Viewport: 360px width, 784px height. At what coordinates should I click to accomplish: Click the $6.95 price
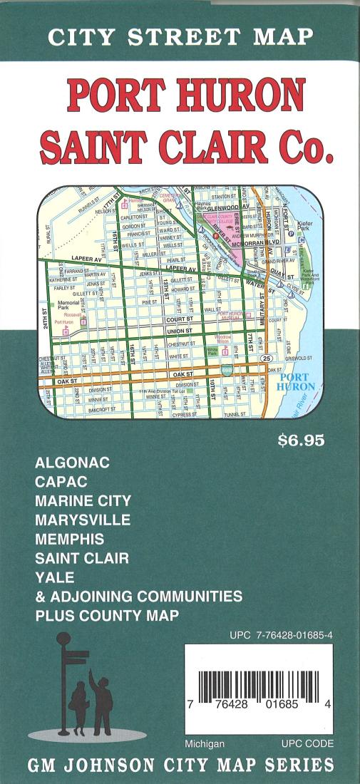[301, 440]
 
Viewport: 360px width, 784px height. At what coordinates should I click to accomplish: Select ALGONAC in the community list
[72, 463]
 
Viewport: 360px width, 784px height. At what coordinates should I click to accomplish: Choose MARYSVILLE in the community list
[83, 520]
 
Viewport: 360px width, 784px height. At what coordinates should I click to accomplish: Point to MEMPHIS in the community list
[69, 539]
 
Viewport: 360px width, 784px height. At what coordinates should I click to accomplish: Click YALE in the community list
[54, 577]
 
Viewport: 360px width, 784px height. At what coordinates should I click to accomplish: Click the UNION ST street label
[179, 331]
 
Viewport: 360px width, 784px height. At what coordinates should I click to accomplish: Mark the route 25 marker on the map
[266, 358]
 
